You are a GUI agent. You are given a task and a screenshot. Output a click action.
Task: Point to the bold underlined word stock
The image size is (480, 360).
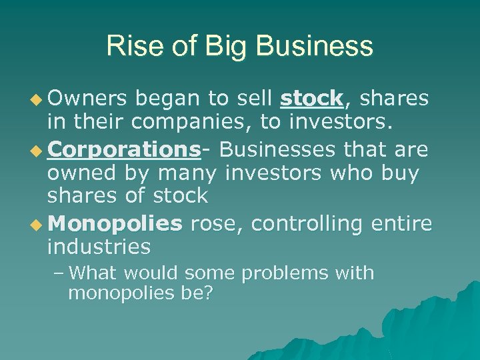tap(311, 99)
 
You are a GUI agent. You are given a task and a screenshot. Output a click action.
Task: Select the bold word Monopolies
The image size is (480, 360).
tap(115, 223)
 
